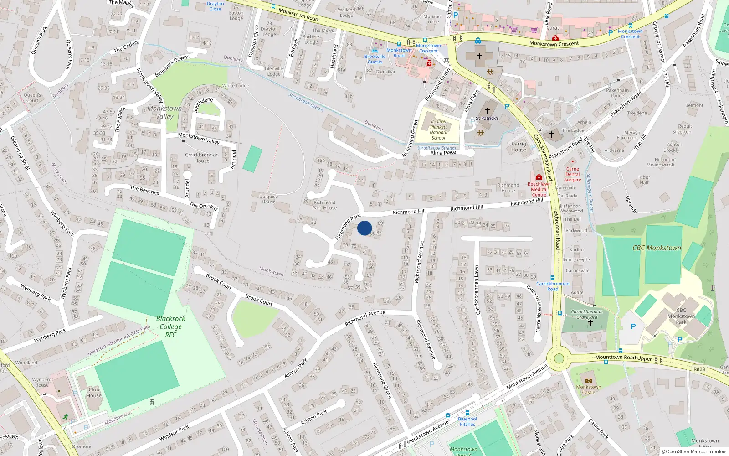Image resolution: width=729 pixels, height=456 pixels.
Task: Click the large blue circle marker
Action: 364,228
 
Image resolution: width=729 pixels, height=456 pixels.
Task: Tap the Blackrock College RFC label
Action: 171,326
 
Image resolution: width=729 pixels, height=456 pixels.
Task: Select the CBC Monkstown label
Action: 657,248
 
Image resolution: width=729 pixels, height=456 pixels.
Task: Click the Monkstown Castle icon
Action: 588,380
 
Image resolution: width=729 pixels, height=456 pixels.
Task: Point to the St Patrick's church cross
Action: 487,111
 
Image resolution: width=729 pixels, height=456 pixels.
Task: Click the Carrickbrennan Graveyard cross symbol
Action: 590,323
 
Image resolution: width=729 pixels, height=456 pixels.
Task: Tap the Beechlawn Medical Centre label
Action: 539,189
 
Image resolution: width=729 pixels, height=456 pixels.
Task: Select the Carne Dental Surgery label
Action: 573,174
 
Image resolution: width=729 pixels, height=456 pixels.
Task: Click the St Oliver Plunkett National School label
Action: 438,130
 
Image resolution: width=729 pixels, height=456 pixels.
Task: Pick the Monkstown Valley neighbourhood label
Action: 164,112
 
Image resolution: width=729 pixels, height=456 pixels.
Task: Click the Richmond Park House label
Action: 324,205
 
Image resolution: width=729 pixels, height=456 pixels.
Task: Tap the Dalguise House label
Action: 268,199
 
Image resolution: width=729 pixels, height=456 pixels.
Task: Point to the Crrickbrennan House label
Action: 202,157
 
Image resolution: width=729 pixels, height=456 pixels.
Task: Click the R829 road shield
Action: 699,369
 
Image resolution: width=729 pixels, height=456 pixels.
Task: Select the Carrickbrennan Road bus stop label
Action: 553,286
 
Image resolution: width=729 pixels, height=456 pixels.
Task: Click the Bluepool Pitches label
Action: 467,421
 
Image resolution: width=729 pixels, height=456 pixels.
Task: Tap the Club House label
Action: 94,392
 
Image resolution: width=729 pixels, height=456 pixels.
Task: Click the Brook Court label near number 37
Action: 219,281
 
